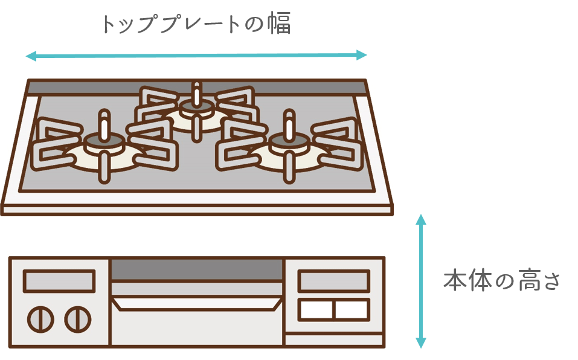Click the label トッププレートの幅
pos(196,24)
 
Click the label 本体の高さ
pos(501,281)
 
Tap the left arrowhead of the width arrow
pos(31,56)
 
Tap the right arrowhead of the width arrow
pos(362,56)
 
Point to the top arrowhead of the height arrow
pos(420,219)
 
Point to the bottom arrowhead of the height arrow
pos(420,343)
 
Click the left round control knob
pos(40,320)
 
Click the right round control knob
pos(78,320)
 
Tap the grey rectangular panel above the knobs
pos(59,281)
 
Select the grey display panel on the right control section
pos(333,281)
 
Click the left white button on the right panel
pos(316,309)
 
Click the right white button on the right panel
pos(352,309)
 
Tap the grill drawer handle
pos(197,303)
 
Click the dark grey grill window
pos(197,269)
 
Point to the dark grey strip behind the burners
pos(197,88)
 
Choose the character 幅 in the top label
pos(279,23)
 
